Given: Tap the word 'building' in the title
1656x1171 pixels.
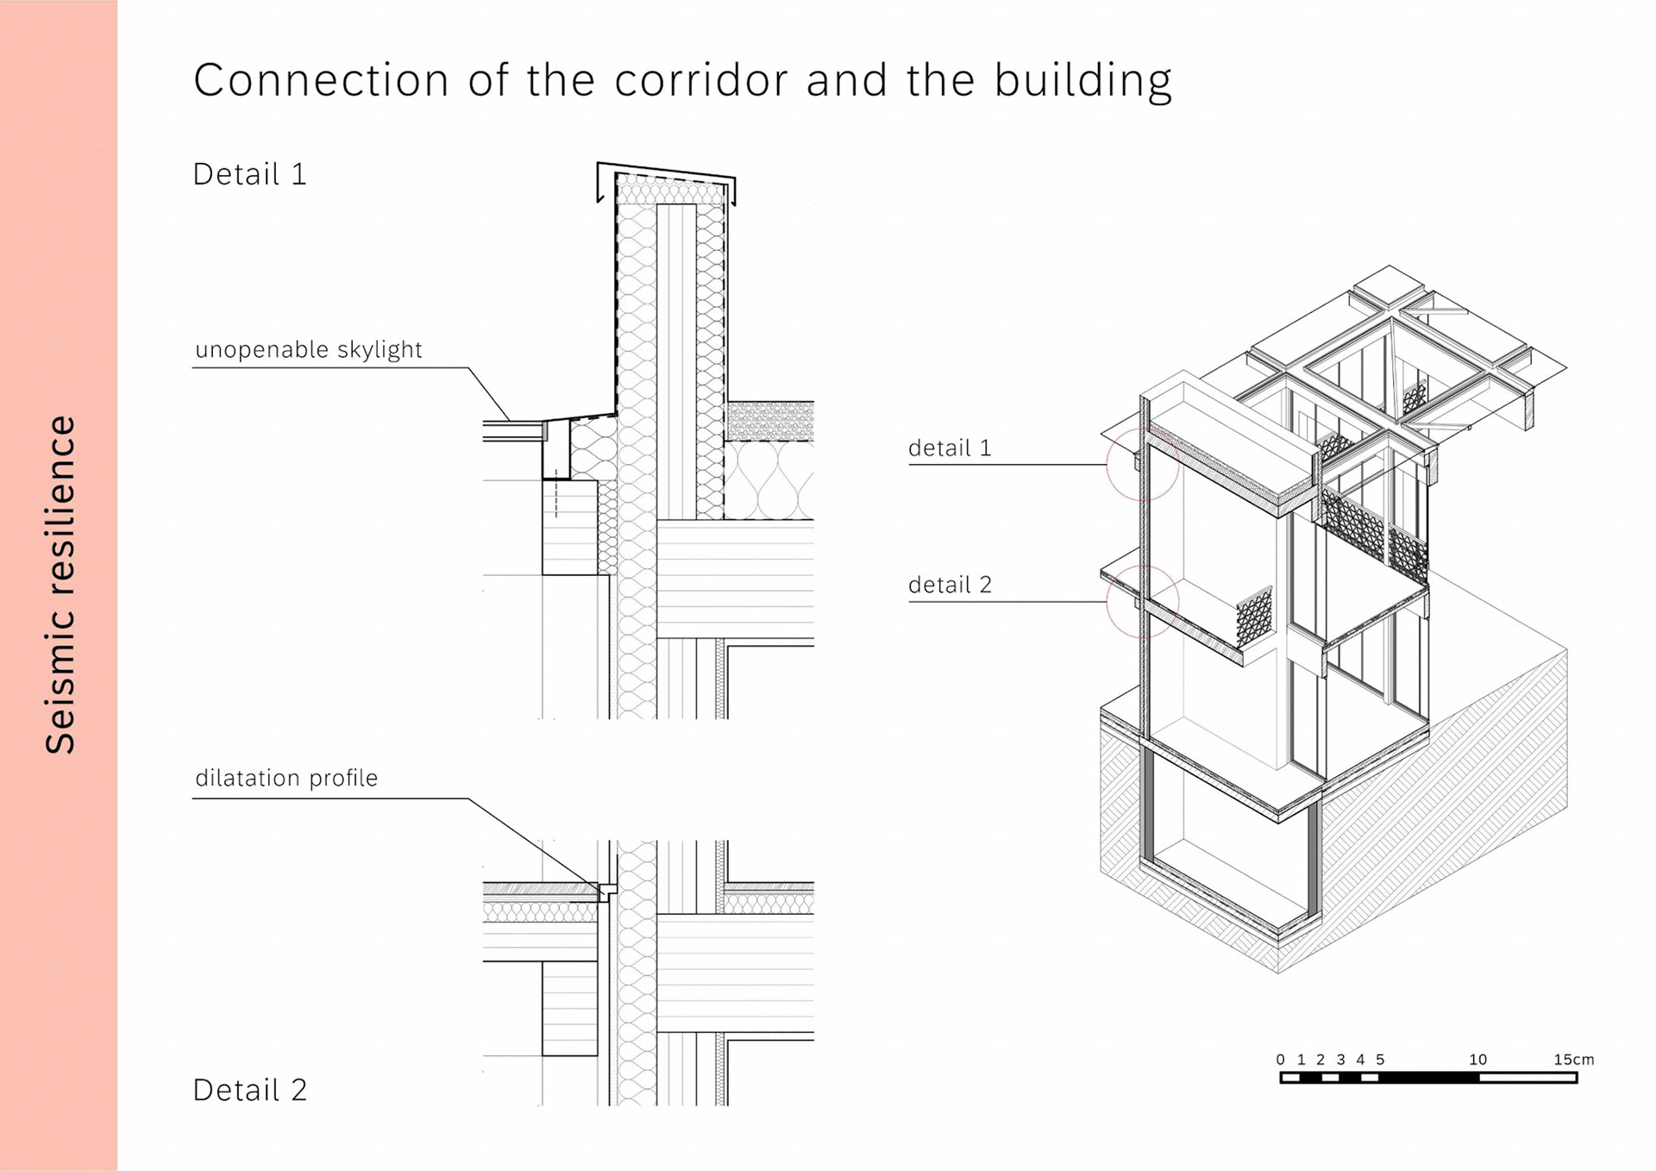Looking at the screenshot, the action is [1082, 82].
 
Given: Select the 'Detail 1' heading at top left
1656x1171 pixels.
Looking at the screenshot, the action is [249, 174].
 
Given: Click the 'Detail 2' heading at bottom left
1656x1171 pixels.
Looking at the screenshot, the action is [249, 1090].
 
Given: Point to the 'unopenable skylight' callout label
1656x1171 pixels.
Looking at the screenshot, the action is [308, 349].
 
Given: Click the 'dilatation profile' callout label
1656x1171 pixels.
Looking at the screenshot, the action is [286, 778].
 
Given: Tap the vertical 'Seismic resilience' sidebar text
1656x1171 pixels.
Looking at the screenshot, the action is [60, 585].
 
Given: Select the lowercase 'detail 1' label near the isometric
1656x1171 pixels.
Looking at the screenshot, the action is [950, 448].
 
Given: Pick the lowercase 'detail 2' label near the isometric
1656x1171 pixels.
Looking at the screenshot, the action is [950, 585].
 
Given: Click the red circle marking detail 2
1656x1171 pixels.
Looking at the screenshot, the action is [1143, 601].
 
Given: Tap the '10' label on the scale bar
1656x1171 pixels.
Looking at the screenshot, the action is [1477, 1059].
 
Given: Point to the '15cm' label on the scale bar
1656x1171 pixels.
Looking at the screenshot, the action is [1573, 1059].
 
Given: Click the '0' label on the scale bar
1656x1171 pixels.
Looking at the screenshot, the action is [1280, 1059].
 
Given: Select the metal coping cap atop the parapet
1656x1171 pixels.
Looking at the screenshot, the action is [666, 172].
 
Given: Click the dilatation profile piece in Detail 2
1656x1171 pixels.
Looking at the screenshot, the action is [606, 890].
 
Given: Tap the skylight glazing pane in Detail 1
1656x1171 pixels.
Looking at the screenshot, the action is [512, 425].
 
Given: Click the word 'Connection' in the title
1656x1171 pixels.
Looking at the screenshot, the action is [321, 80].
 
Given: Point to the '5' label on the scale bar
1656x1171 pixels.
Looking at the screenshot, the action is [1380, 1059].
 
